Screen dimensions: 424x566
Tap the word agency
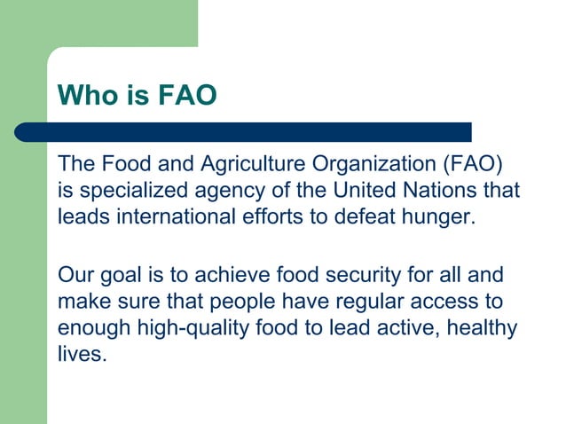[210, 192]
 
